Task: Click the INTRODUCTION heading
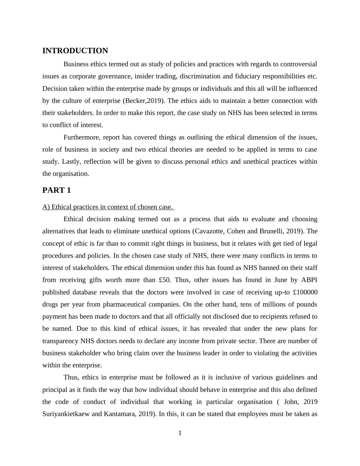[x=75, y=51]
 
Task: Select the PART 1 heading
[x=57, y=190]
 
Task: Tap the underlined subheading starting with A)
[x=108, y=207]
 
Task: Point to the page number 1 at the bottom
[x=180, y=433]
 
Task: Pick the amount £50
[x=165, y=280]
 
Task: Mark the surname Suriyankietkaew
[x=66, y=414]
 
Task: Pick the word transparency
[x=60, y=341]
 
